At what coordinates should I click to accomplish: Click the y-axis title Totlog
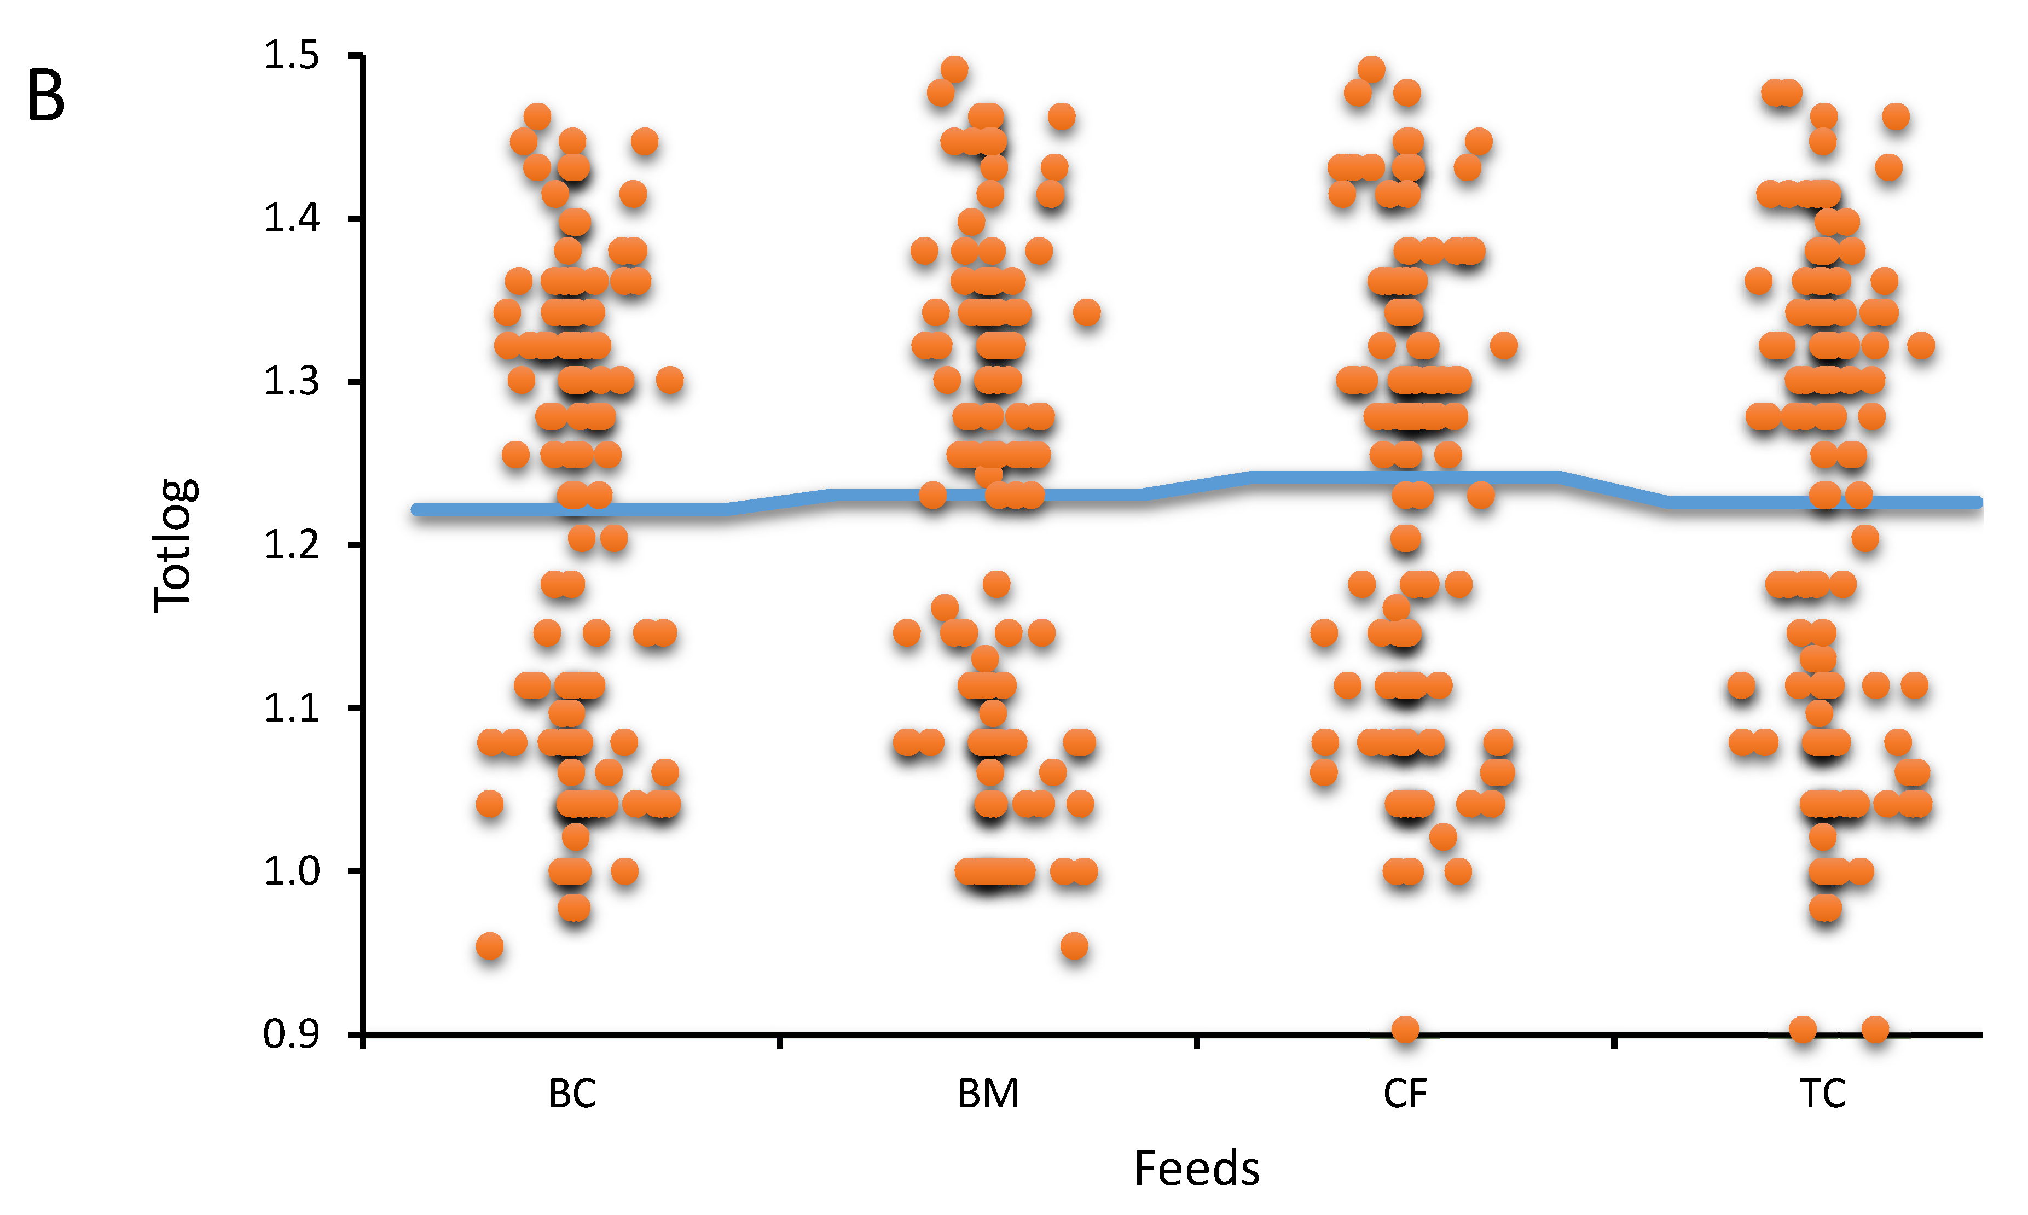173,544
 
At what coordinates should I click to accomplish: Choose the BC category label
572,1094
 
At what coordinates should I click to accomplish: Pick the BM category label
988,1094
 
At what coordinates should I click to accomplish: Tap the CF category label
1405,1094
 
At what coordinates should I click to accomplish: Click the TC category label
1822,1094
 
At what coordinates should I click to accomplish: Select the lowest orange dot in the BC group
490,946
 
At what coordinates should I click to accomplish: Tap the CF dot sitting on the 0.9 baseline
1406,1029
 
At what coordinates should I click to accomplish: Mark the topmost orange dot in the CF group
1371,69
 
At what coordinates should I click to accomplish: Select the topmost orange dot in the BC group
537,117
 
